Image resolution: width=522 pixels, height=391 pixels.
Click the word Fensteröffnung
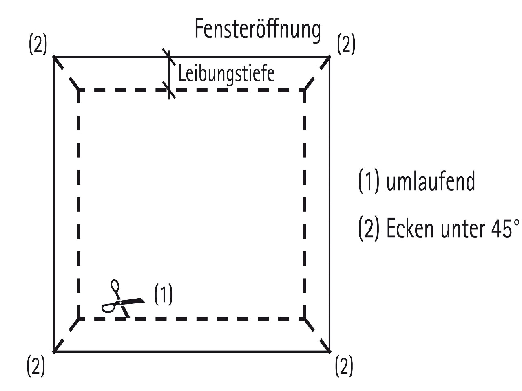258,29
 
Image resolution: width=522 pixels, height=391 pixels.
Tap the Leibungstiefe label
226,74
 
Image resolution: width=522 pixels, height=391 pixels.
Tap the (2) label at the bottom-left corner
35,365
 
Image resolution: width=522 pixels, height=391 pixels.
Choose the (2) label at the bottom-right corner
344,365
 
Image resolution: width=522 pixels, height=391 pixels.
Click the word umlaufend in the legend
430,181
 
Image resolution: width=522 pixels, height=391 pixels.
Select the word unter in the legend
460,229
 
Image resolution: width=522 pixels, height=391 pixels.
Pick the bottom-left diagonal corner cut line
66,334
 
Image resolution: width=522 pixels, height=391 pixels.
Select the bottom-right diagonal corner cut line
317,334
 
